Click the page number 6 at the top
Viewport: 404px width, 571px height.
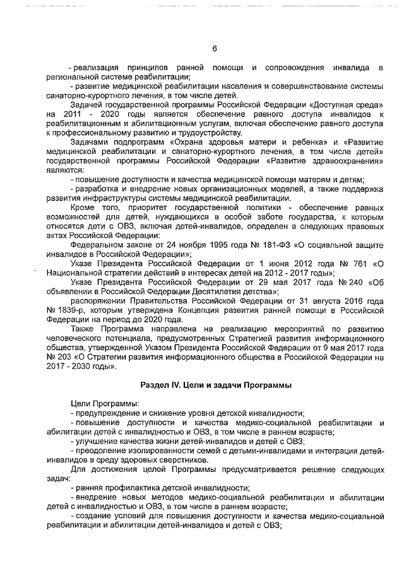214,49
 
